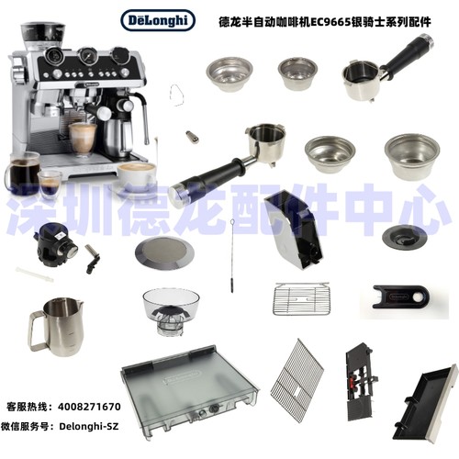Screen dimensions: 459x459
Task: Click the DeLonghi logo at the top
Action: click(x=158, y=20)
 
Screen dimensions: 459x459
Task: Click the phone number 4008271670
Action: click(x=89, y=407)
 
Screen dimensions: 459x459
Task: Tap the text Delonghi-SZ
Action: click(x=88, y=426)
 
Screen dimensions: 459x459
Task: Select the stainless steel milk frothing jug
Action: click(x=56, y=328)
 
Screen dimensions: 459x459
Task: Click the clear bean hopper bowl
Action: click(x=171, y=310)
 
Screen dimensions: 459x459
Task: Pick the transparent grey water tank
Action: click(x=189, y=392)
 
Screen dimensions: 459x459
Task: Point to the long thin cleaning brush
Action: click(x=232, y=256)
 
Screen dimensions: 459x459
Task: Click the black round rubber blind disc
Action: click(x=404, y=238)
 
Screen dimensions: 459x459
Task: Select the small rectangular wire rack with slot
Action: click(x=301, y=298)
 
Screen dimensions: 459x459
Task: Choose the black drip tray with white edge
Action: click(x=425, y=402)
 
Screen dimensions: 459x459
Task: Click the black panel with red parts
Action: click(x=361, y=381)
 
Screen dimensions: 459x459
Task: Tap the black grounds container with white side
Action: click(x=293, y=229)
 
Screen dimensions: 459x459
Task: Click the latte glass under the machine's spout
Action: click(x=83, y=140)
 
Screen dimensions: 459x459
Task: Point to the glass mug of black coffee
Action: click(x=22, y=174)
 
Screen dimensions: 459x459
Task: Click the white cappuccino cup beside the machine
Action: click(x=137, y=177)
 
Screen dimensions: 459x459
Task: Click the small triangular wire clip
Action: click(x=176, y=95)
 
